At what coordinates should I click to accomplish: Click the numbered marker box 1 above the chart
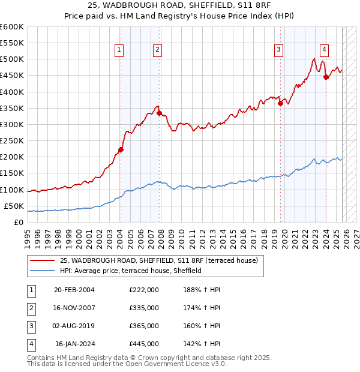tap(119, 50)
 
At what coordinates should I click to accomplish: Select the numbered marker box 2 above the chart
tap(157, 50)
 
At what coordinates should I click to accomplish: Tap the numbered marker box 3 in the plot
tap(279, 50)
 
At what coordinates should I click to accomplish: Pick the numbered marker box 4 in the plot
tap(324, 50)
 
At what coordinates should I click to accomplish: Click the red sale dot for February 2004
tap(121, 150)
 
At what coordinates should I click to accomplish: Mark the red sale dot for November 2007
tap(159, 113)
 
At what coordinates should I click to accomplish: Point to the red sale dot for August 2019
tap(280, 103)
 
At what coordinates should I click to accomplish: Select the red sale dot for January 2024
tap(326, 77)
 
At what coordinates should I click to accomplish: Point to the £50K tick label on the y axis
tap(13, 206)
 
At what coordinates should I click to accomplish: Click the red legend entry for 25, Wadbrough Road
tap(158, 260)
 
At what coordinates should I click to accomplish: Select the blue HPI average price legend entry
tap(130, 271)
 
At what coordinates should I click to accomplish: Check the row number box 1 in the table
tap(31, 290)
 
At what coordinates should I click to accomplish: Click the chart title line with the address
tap(180, 7)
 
